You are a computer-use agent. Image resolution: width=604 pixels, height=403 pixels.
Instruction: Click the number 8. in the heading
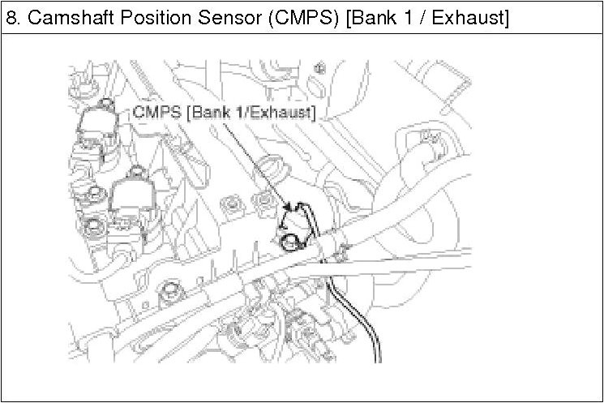click(x=13, y=17)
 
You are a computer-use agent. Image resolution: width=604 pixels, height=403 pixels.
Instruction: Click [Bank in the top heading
click(x=366, y=17)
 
